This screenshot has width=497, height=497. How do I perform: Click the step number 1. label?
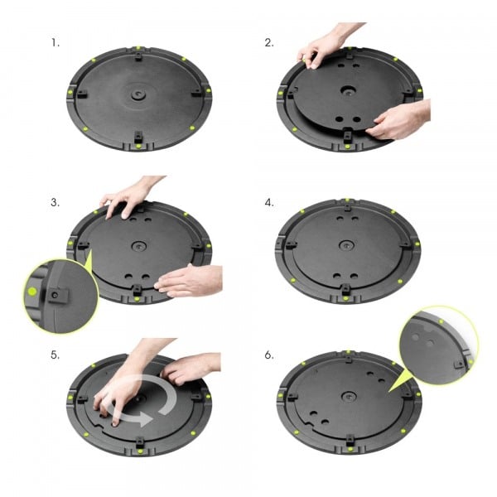tap(55, 41)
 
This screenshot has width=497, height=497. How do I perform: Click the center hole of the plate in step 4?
tap(345, 246)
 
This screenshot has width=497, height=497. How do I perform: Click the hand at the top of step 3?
tap(128, 196)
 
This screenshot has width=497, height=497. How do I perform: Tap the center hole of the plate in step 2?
tap(345, 93)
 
